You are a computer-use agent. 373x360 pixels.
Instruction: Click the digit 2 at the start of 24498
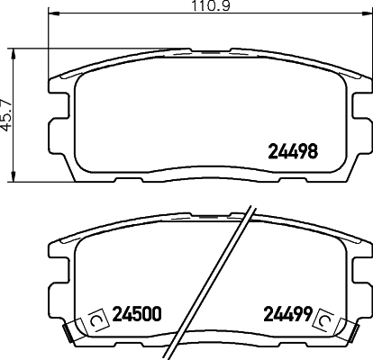coord(271,151)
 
